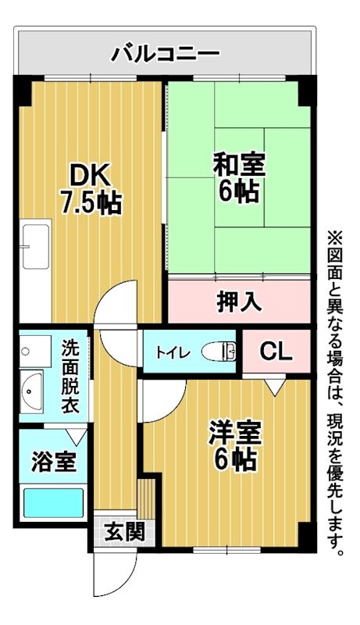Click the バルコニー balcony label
[x=166, y=53]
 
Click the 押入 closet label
[x=239, y=301]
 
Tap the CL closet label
[x=276, y=352]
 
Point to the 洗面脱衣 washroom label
[x=75, y=377]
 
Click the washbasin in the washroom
[x=33, y=387]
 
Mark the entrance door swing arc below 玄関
[x=109, y=574]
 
